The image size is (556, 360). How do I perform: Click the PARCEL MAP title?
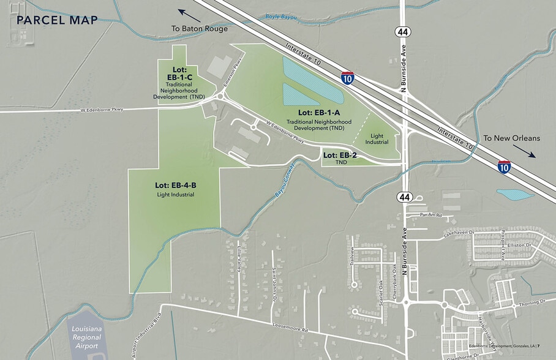coord(58,20)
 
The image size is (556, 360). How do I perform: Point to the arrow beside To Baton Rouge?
coord(190,15)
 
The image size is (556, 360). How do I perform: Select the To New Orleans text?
coord(511,138)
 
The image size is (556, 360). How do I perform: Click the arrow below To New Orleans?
coord(525,151)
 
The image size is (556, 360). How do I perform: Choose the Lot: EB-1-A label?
coord(318,113)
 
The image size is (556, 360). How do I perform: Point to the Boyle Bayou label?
coord(280,17)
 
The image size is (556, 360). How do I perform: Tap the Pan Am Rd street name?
coord(431,215)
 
